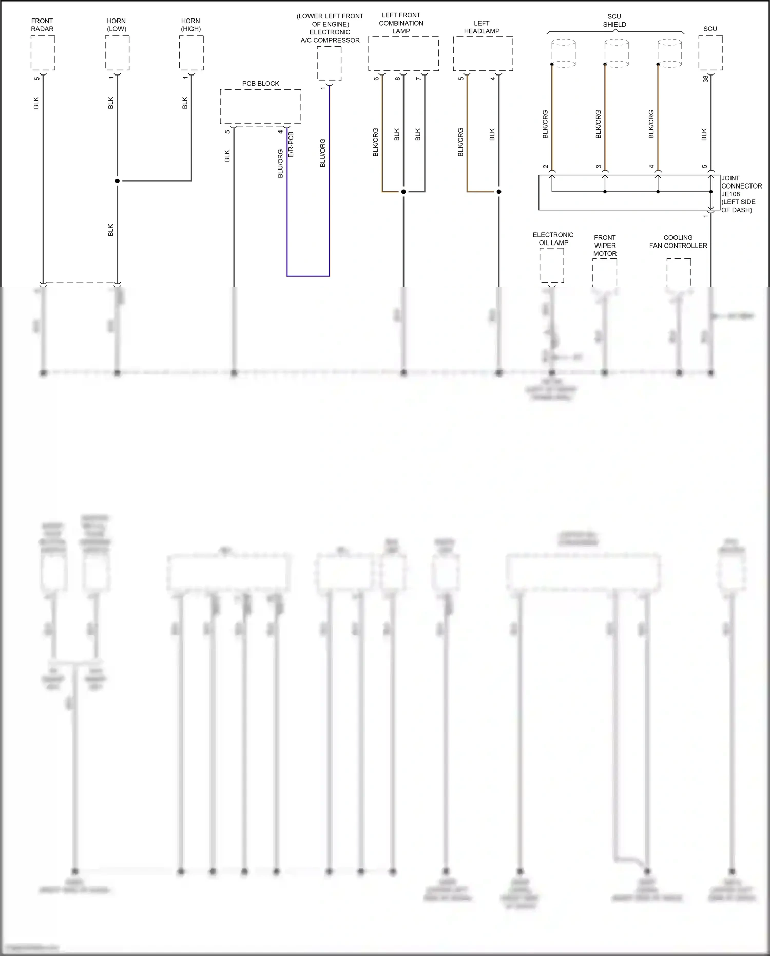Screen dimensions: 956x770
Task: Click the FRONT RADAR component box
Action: [x=43, y=53]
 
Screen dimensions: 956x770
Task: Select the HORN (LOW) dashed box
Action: [x=117, y=53]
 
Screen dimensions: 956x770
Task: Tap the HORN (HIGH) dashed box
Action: [x=191, y=53]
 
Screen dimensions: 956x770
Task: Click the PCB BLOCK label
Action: [x=261, y=83]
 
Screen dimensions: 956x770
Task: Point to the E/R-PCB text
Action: [x=291, y=144]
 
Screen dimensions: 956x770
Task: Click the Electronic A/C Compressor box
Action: [x=329, y=63]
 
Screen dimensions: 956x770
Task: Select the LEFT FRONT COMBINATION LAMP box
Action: [x=403, y=53]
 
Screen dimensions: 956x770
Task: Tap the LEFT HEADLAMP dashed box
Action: [x=483, y=53]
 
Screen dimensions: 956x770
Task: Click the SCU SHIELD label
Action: [x=614, y=21]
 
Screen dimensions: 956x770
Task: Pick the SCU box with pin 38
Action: [x=710, y=53]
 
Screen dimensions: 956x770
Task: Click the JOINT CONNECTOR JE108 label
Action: [x=741, y=194]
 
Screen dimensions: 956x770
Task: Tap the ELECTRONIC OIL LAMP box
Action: [x=551, y=265]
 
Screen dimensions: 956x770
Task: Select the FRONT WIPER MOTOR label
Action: [x=605, y=246]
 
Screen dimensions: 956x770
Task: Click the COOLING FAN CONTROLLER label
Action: [x=678, y=241]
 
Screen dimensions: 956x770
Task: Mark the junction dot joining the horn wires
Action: [x=117, y=181]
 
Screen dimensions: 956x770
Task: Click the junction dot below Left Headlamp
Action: [x=498, y=192]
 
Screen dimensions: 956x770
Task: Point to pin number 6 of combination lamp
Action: [x=376, y=78]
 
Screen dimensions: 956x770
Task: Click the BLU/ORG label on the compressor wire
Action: [x=323, y=153]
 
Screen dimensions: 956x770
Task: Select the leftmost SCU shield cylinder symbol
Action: [x=564, y=53]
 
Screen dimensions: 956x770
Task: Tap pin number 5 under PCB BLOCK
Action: [x=227, y=132]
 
